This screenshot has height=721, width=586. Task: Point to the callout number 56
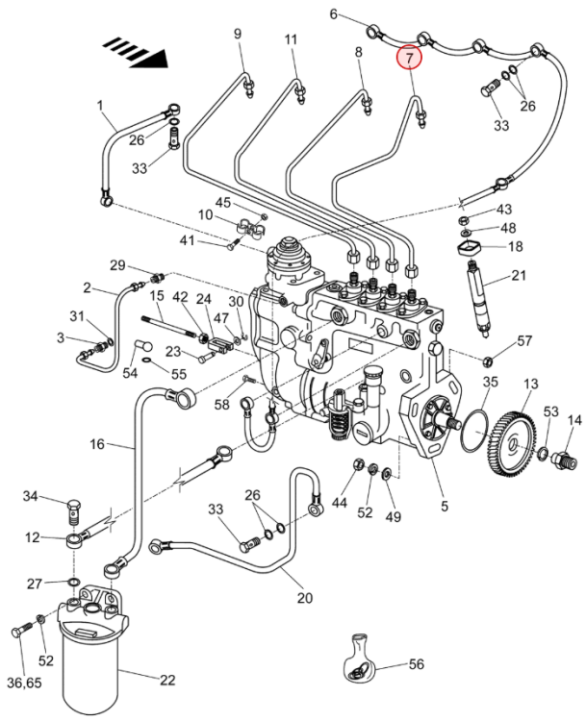(x=417, y=664)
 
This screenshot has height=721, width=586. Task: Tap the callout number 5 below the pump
(x=445, y=505)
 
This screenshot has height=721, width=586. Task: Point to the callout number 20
(x=305, y=598)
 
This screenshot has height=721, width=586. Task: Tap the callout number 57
(x=524, y=341)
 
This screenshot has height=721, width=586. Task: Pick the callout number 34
(x=31, y=496)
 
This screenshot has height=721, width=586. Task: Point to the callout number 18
(x=515, y=247)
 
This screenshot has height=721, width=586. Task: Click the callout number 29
(x=117, y=264)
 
